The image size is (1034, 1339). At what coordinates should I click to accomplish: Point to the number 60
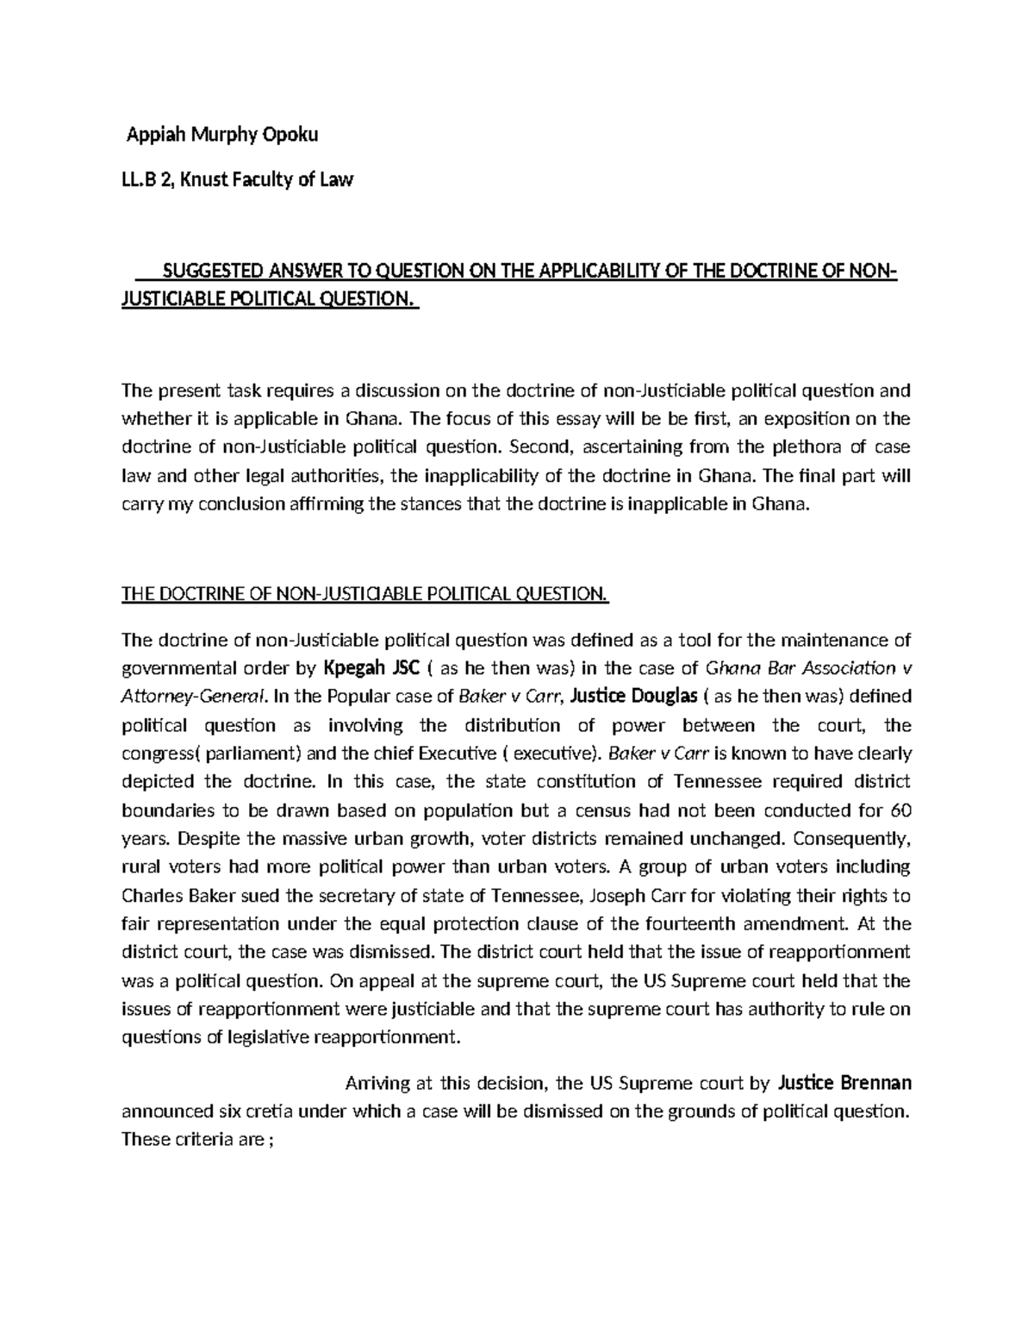tap(900, 810)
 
